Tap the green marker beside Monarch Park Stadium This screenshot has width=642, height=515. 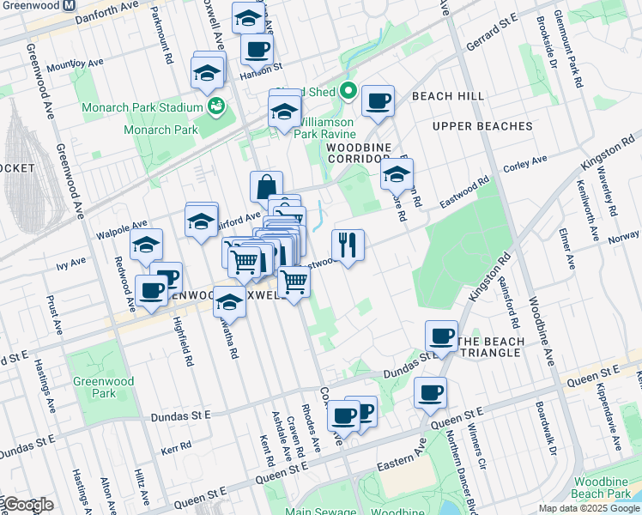click(x=218, y=107)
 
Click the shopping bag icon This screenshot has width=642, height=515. click(x=267, y=186)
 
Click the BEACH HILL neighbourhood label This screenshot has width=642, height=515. click(x=447, y=96)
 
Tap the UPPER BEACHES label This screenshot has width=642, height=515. click(x=482, y=126)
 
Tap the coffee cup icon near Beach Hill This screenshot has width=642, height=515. click(x=378, y=101)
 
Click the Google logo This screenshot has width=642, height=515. click(x=27, y=505)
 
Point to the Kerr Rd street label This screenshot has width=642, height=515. click(x=175, y=449)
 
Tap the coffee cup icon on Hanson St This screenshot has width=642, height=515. click(x=256, y=51)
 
